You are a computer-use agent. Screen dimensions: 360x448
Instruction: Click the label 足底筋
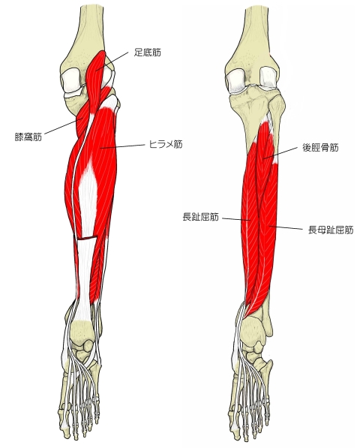coord(148,53)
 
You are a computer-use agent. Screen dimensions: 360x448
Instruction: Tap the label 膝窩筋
coord(28,137)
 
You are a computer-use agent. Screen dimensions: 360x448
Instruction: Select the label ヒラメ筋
coord(166,144)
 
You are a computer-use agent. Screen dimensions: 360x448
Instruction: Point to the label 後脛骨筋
coord(320,147)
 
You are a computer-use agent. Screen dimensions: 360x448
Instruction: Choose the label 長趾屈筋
coord(201,218)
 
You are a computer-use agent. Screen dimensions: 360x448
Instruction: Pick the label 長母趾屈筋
coord(331,230)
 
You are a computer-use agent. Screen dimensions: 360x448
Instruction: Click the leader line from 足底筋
coord(112,61)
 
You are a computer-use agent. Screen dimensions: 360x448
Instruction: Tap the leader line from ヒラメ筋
coord(123,146)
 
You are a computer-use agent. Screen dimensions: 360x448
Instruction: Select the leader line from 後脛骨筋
coord(281,153)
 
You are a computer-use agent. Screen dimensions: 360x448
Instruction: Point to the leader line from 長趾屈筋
coord(236,219)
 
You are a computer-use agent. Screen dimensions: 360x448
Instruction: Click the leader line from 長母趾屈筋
coord(286,227)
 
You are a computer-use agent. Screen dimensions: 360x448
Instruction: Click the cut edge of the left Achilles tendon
coord(87,239)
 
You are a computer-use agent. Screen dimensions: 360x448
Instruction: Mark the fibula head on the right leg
coord(277,106)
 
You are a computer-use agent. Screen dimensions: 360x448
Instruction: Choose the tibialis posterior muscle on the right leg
coord(267,149)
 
